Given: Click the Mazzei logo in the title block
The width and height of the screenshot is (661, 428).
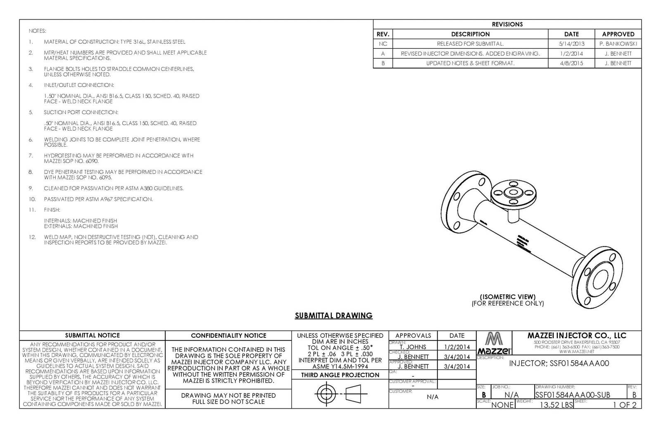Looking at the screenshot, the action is pyautogui.click(x=494, y=343).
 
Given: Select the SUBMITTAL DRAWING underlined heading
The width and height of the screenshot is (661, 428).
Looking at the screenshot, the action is pyautogui.click(x=333, y=316).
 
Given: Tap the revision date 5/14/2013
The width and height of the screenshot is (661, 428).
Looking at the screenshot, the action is pyautogui.click(x=571, y=44).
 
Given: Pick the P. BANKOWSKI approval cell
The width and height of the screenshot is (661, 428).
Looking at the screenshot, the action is pyautogui.click(x=618, y=44).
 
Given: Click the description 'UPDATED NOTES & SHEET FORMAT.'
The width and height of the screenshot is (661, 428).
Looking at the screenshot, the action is pyautogui.click(x=470, y=63).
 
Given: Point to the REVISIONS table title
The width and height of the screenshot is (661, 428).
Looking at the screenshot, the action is pyautogui.click(x=507, y=24).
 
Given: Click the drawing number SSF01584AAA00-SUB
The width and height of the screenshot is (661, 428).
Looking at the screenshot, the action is pyautogui.click(x=572, y=395).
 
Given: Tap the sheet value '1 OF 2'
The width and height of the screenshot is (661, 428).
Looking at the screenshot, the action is pyautogui.click(x=624, y=405).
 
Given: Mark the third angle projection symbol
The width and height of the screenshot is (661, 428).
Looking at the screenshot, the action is pyautogui.click(x=341, y=394).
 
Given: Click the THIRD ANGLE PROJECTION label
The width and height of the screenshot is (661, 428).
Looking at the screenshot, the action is pyautogui.click(x=340, y=375).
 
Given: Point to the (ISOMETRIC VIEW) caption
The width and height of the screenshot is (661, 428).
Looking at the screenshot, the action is pyautogui.click(x=508, y=296).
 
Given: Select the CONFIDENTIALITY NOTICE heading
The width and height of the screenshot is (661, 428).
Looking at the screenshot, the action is pyautogui.click(x=228, y=335).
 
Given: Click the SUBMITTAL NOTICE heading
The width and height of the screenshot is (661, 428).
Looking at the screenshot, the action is pyautogui.click(x=93, y=335).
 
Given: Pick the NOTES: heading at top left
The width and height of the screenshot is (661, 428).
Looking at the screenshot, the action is pyautogui.click(x=37, y=31).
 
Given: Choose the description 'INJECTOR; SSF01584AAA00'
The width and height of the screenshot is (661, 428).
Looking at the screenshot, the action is pyautogui.click(x=559, y=363).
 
